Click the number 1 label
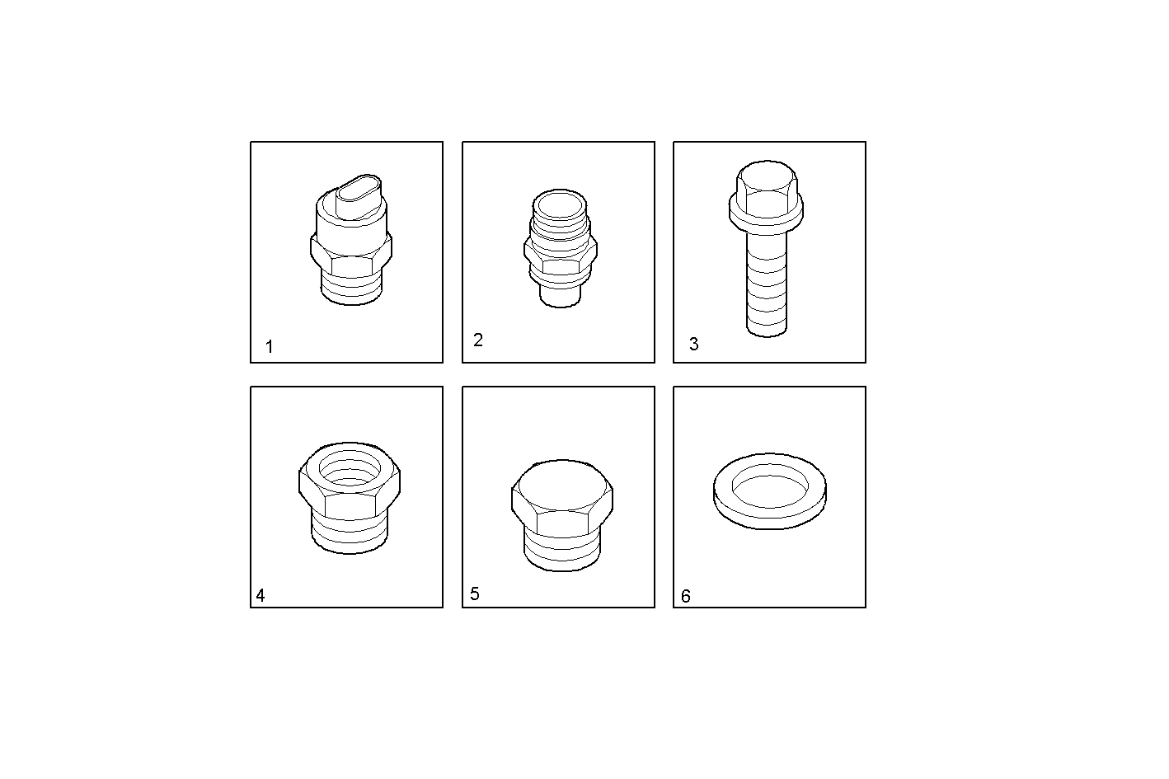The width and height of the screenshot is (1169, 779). point(270,347)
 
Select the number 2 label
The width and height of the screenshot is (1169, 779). point(478,340)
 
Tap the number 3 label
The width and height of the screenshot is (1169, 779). point(693,345)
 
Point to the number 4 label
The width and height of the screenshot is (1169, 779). point(261,595)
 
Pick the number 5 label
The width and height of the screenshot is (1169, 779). point(474,594)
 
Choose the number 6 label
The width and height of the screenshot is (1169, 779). point(686,596)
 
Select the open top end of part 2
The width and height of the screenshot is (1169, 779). point(560,204)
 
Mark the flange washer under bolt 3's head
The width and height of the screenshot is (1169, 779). point(768,215)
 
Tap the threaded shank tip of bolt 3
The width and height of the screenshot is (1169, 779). point(767,326)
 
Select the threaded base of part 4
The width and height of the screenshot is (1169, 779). point(350,532)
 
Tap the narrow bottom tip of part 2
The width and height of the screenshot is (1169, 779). point(561,296)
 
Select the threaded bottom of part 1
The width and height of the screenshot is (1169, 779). point(350,289)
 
